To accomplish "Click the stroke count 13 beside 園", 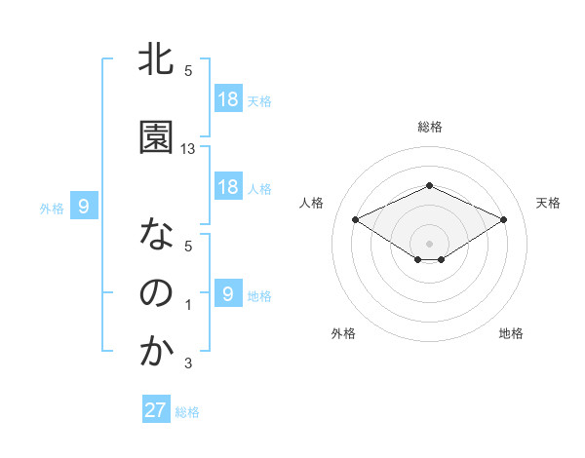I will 188,149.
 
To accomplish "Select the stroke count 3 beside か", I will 188,364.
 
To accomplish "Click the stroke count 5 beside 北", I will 188,71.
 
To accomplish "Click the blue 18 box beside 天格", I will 227,99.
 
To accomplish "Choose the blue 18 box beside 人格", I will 227,187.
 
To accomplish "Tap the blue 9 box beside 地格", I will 227,294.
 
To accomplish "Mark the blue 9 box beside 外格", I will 84,207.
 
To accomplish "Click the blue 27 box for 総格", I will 156,410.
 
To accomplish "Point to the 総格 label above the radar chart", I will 430,127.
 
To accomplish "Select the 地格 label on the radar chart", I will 511,333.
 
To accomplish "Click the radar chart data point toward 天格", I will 504,220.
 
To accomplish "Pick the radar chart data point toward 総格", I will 429,186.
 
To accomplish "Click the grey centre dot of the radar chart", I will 429,242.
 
